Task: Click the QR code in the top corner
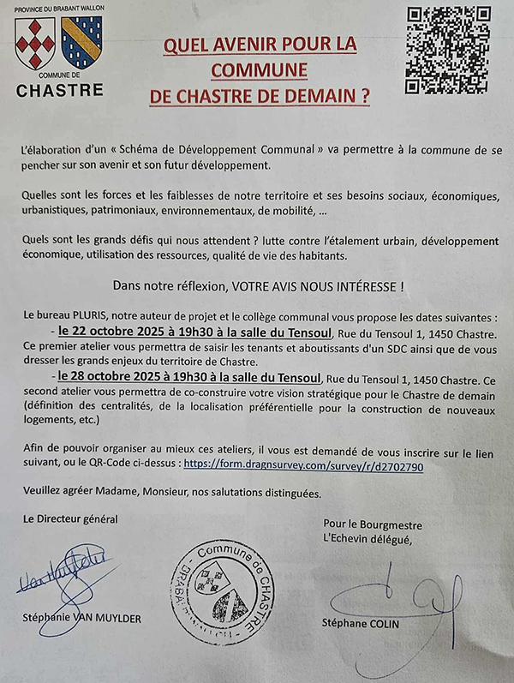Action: click(x=448, y=49)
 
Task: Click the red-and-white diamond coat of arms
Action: click(x=33, y=44)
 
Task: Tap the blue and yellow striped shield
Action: click(x=82, y=43)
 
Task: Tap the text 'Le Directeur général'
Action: click(x=71, y=518)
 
